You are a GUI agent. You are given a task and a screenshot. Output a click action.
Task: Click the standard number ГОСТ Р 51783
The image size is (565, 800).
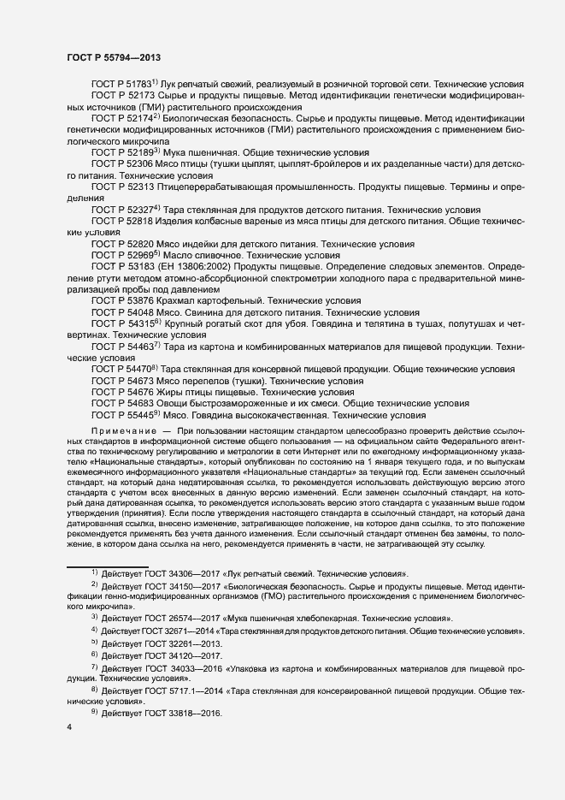point(121,86)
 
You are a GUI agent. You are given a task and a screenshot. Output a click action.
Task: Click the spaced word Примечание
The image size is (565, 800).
point(124,428)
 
